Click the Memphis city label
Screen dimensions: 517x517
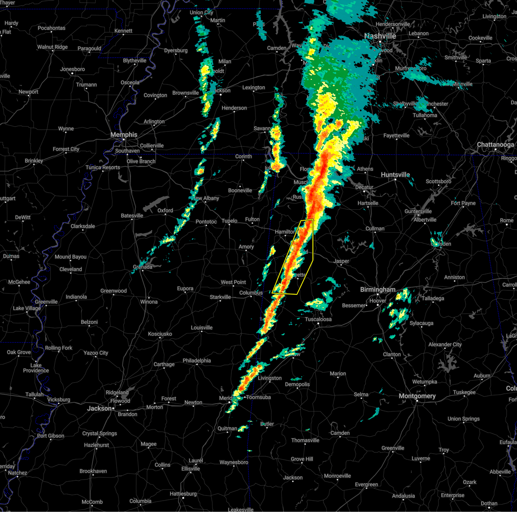point(124,135)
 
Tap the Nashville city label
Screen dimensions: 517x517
point(380,36)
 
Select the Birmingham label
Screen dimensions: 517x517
point(378,290)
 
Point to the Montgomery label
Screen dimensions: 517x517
point(417,396)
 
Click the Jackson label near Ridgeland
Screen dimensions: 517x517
point(100,408)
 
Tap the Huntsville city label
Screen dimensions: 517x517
point(395,175)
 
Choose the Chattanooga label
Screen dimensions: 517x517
point(495,145)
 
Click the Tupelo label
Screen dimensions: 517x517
point(229,221)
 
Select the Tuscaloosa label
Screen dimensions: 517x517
point(318,319)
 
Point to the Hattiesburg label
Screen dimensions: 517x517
point(183,494)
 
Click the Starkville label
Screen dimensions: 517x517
point(220,297)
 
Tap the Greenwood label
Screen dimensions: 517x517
point(114,291)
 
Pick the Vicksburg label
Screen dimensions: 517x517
point(59,400)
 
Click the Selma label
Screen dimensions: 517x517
point(361,394)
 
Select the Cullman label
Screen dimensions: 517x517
point(375,229)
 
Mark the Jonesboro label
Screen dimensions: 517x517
point(72,69)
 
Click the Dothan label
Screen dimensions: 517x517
point(489,503)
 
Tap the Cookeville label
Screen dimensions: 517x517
point(480,38)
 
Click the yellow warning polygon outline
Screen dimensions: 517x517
point(312,258)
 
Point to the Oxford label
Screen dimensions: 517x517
point(165,211)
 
